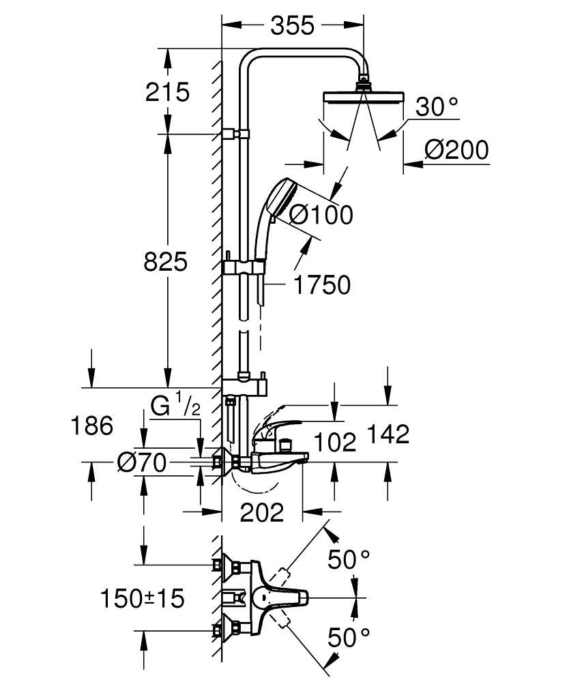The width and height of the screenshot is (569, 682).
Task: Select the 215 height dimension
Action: (168, 91)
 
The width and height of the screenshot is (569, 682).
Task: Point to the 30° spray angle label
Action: (437, 106)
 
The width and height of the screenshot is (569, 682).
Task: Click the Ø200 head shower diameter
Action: (456, 150)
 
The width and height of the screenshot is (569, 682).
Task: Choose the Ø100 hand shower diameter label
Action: (321, 215)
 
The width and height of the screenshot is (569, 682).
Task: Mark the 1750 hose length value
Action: (321, 285)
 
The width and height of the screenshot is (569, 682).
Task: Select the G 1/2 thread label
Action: (175, 408)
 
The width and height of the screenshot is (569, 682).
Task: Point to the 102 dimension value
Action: (335, 443)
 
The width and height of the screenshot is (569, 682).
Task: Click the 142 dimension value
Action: (388, 434)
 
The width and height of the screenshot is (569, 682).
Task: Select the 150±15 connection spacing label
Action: (143, 599)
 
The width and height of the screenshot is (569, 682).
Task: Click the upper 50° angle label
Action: (349, 560)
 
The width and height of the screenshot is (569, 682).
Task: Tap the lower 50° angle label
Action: (349, 638)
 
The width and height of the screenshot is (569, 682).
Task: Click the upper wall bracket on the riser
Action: (236, 133)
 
